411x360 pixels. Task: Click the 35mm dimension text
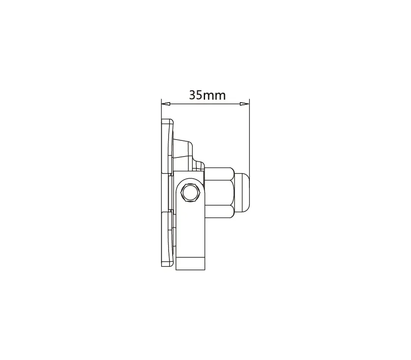point(207,95)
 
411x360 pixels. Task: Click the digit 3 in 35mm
point(192,95)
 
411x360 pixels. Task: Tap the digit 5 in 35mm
point(199,95)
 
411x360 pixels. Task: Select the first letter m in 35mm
point(209,96)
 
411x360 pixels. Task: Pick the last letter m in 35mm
point(220,96)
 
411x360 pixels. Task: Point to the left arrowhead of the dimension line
point(166,104)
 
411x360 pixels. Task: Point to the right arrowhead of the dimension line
point(245,104)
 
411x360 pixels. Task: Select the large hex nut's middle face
point(219,193)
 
